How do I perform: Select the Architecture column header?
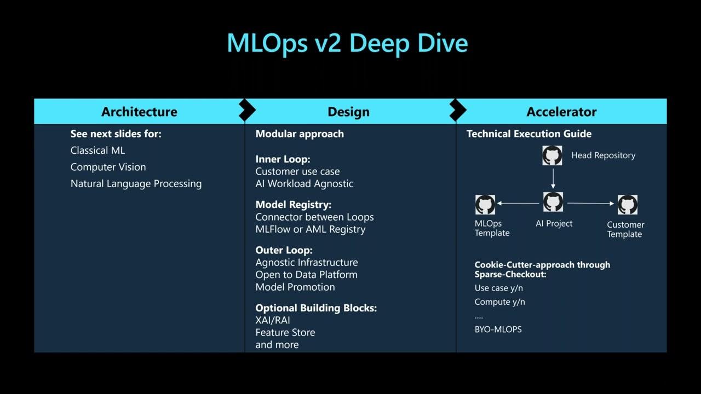pyautogui.click(x=139, y=112)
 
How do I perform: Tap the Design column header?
pyautogui.click(x=348, y=112)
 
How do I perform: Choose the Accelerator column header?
pyautogui.click(x=561, y=112)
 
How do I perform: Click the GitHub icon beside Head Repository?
pyautogui.click(x=552, y=155)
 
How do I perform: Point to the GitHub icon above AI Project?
pyautogui.click(x=553, y=202)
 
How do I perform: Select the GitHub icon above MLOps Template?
pyautogui.click(x=485, y=205)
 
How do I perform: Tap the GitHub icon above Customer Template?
pyautogui.click(x=627, y=205)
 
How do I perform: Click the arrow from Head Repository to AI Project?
pyautogui.click(x=553, y=178)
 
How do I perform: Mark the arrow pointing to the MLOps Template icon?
pyautogui.click(x=518, y=203)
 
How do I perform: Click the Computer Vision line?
pyautogui.click(x=108, y=167)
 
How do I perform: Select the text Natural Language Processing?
pyautogui.click(x=136, y=184)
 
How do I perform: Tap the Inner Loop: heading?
pyautogui.click(x=283, y=159)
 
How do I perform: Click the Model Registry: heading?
pyautogui.click(x=293, y=205)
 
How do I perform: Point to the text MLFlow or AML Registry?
pyautogui.click(x=310, y=229)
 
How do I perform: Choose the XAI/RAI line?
pyautogui.click(x=273, y=320)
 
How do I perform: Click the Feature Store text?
pyautogui.click(x=285, y=332)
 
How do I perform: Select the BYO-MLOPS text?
pyautogui.click(x=498, y=329)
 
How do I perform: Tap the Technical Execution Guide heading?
pyautogui.click(x=528, y=134)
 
